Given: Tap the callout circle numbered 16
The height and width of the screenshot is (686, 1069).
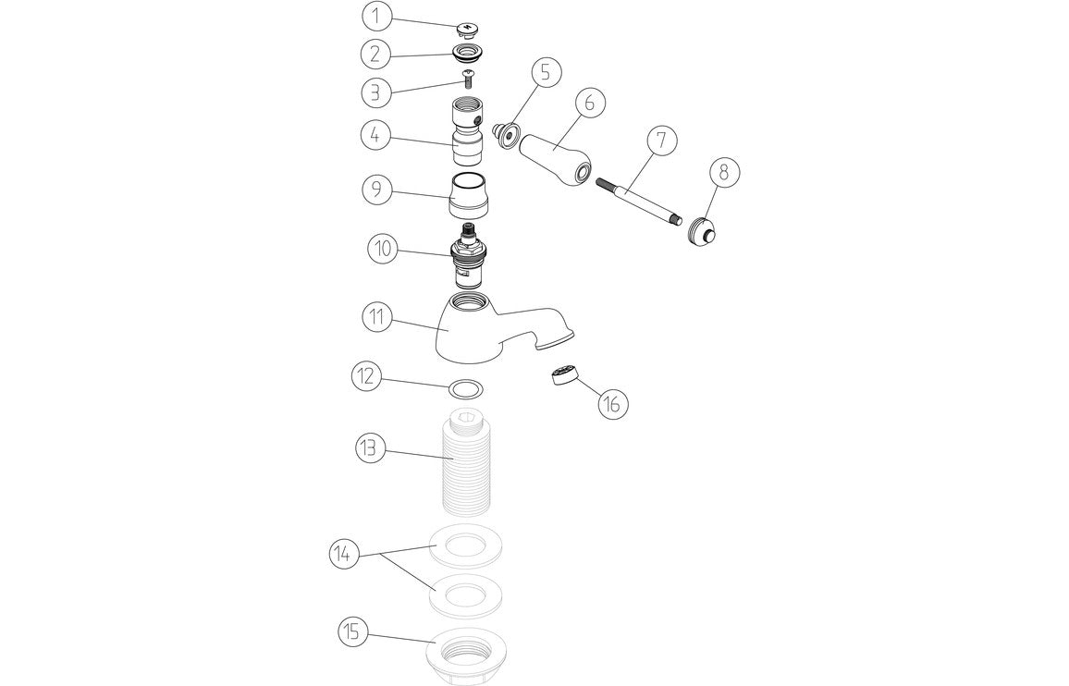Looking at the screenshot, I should (613, 403).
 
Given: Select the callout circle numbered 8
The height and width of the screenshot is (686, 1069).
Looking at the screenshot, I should (724, 173).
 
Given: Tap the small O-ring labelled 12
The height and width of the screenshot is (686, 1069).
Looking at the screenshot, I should (468, 386).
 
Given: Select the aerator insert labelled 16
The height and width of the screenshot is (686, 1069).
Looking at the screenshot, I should (561, 376).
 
